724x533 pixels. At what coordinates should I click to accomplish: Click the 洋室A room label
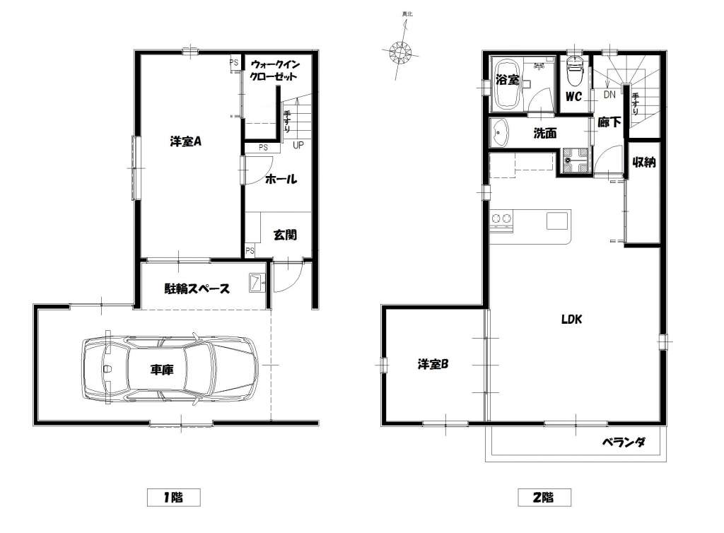coord(185,141)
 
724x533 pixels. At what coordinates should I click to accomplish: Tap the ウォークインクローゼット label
coord(274,70)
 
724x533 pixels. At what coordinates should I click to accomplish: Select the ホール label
coord(281,179)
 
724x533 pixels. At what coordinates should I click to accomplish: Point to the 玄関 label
coord(285,235)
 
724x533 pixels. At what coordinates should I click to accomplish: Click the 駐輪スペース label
coord(197,289)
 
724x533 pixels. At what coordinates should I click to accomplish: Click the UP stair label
coord(298,145)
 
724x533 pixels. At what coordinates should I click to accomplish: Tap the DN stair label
coord(609,95)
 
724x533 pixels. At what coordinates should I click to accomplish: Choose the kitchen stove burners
coord(501,218)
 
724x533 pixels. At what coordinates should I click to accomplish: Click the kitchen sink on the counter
coord(559,221)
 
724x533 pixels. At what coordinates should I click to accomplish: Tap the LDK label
coord(571,319)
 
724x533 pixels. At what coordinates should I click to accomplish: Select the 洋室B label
coord(433,364)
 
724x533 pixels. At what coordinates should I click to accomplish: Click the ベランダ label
coord(624,443)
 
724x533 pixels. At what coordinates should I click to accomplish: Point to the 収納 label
coord(643,162)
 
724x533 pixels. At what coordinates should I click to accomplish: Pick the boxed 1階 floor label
coord(174,498)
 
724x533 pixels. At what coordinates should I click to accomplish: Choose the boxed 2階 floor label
coord(544,498)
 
